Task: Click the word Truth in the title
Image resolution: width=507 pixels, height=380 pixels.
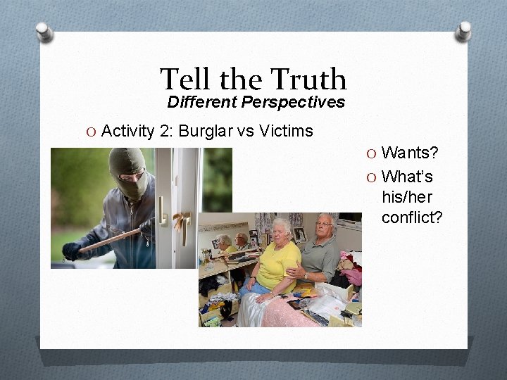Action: pos(308,80)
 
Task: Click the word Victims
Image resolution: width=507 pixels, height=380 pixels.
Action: pos(286,131)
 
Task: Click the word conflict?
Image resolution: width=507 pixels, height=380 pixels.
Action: pos(412,217)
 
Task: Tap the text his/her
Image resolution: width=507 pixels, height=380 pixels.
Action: pos(406,197)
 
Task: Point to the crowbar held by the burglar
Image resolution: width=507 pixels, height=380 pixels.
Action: pos(109,240)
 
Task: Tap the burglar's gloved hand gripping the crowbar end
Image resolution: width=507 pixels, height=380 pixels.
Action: pos(71,251)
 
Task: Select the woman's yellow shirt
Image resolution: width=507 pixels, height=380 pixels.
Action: pos(277,267)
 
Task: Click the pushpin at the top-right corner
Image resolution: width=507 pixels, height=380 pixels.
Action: pos(463,30)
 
